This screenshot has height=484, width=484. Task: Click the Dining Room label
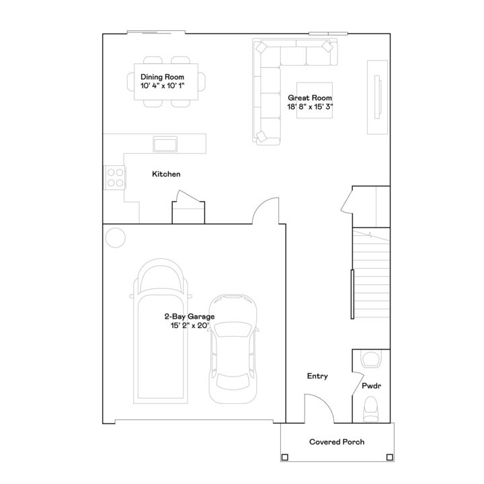click(x=161, y=77)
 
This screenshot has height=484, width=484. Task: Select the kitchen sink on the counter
click(x=165, y=143)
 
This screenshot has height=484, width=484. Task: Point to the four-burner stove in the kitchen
click(x=115, y=176)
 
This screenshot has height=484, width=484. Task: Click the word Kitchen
click(x=166, y=174)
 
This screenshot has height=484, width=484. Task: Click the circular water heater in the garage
click(x=116, y=238)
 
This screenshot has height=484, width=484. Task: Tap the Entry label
click(x=317, y=376)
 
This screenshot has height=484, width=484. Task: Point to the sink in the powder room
click(x=371, y=359)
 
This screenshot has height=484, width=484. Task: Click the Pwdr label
click(x=371, y=388)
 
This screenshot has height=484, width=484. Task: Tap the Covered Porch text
click(x=337, y=442)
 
